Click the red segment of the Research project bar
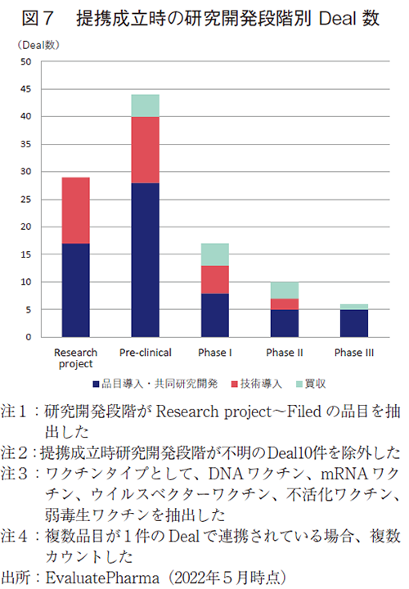(x=75, y=210)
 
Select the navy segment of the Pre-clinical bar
(x=145, y=260)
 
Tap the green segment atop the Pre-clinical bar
(x=145, y=106)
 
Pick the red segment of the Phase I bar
(x=215, y=279)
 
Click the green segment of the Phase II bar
(x=285, y=290)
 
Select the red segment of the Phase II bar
(x=285, y=304)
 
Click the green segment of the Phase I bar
(x=215, y=254)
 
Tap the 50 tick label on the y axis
(x=25, y=61)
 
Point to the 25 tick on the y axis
(x=25, y=200)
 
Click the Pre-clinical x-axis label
(x=145, y=353)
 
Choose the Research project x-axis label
(x=75, y=357)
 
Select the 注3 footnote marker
(x=18, y=474)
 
